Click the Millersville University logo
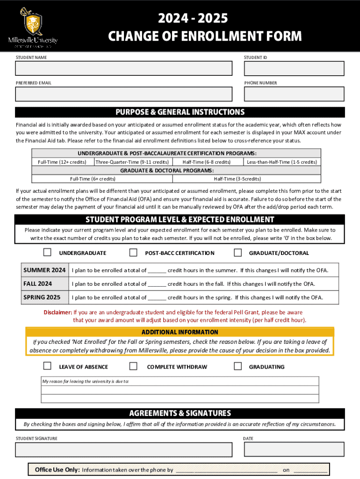click(32, 28)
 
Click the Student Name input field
click(123, 68)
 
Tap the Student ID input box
click(294, 68)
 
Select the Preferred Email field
click(123, 94)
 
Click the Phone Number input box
click(294, 94)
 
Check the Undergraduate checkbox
click(47, 253)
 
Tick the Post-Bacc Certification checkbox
click(133, 253)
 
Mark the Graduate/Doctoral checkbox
click(238, 253)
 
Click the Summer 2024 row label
click(44, 270)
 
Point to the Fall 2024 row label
click(38, 284)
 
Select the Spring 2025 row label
click(42, 298)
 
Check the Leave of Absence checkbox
click(47, 366)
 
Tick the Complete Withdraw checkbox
click(133, 366)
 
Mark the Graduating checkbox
click(238, 366)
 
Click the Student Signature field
click(123, 450)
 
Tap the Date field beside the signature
click(294, 450)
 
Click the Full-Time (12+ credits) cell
click(62, 162)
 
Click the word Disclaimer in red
click(58, 312)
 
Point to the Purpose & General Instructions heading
click(180, 112)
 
